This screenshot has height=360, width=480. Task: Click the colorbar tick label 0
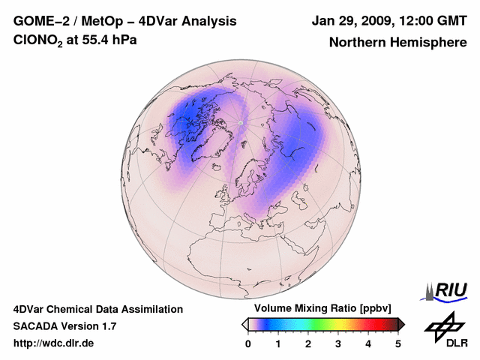pyautogui.click(x=248, y=343)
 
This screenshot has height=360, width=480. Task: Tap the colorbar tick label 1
pyautogui.click(x=278, y=343)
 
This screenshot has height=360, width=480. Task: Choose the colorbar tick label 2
pyautogui.click(x=308, y=343)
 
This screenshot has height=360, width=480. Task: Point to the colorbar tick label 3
pyautogui.click(x=338, y=343)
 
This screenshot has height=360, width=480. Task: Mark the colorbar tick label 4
pyautogui.click(x=368, y=343)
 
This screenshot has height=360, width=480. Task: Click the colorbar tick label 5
pyautogui.click(x=398, y=343)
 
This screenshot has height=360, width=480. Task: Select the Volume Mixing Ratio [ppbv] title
pyautogui.click(x=319, y=309)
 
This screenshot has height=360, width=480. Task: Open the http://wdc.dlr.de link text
pyautogui.click(x=54, y=343)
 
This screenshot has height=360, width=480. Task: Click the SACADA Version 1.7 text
pyautogui.click(x=64, y=326)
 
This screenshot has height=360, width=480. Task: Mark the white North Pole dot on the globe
pyautogui.click(x=240, y=121)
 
